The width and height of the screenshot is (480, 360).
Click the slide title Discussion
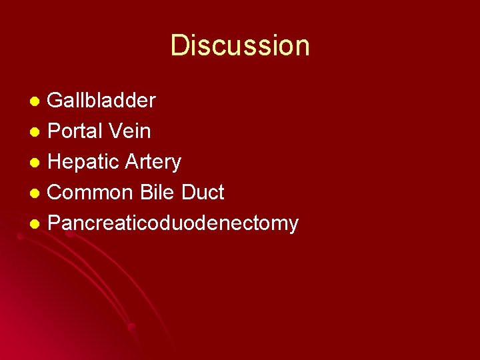click(240, 46)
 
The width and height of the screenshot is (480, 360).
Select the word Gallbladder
click(102, 101)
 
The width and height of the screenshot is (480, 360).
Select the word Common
click(91, 193)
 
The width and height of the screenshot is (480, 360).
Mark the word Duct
click(202, 193)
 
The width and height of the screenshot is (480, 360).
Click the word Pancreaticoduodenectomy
click(173, 223)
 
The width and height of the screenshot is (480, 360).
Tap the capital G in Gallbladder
click(57, 101)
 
